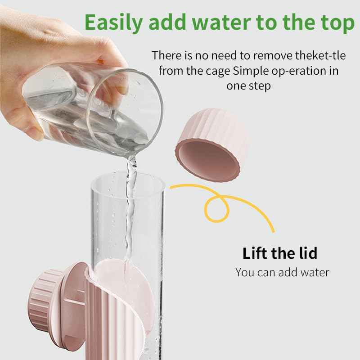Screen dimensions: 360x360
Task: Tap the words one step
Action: point(248,86)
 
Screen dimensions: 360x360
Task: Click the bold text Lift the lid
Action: point(279,253)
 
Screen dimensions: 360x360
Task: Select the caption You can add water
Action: point(282,272)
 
